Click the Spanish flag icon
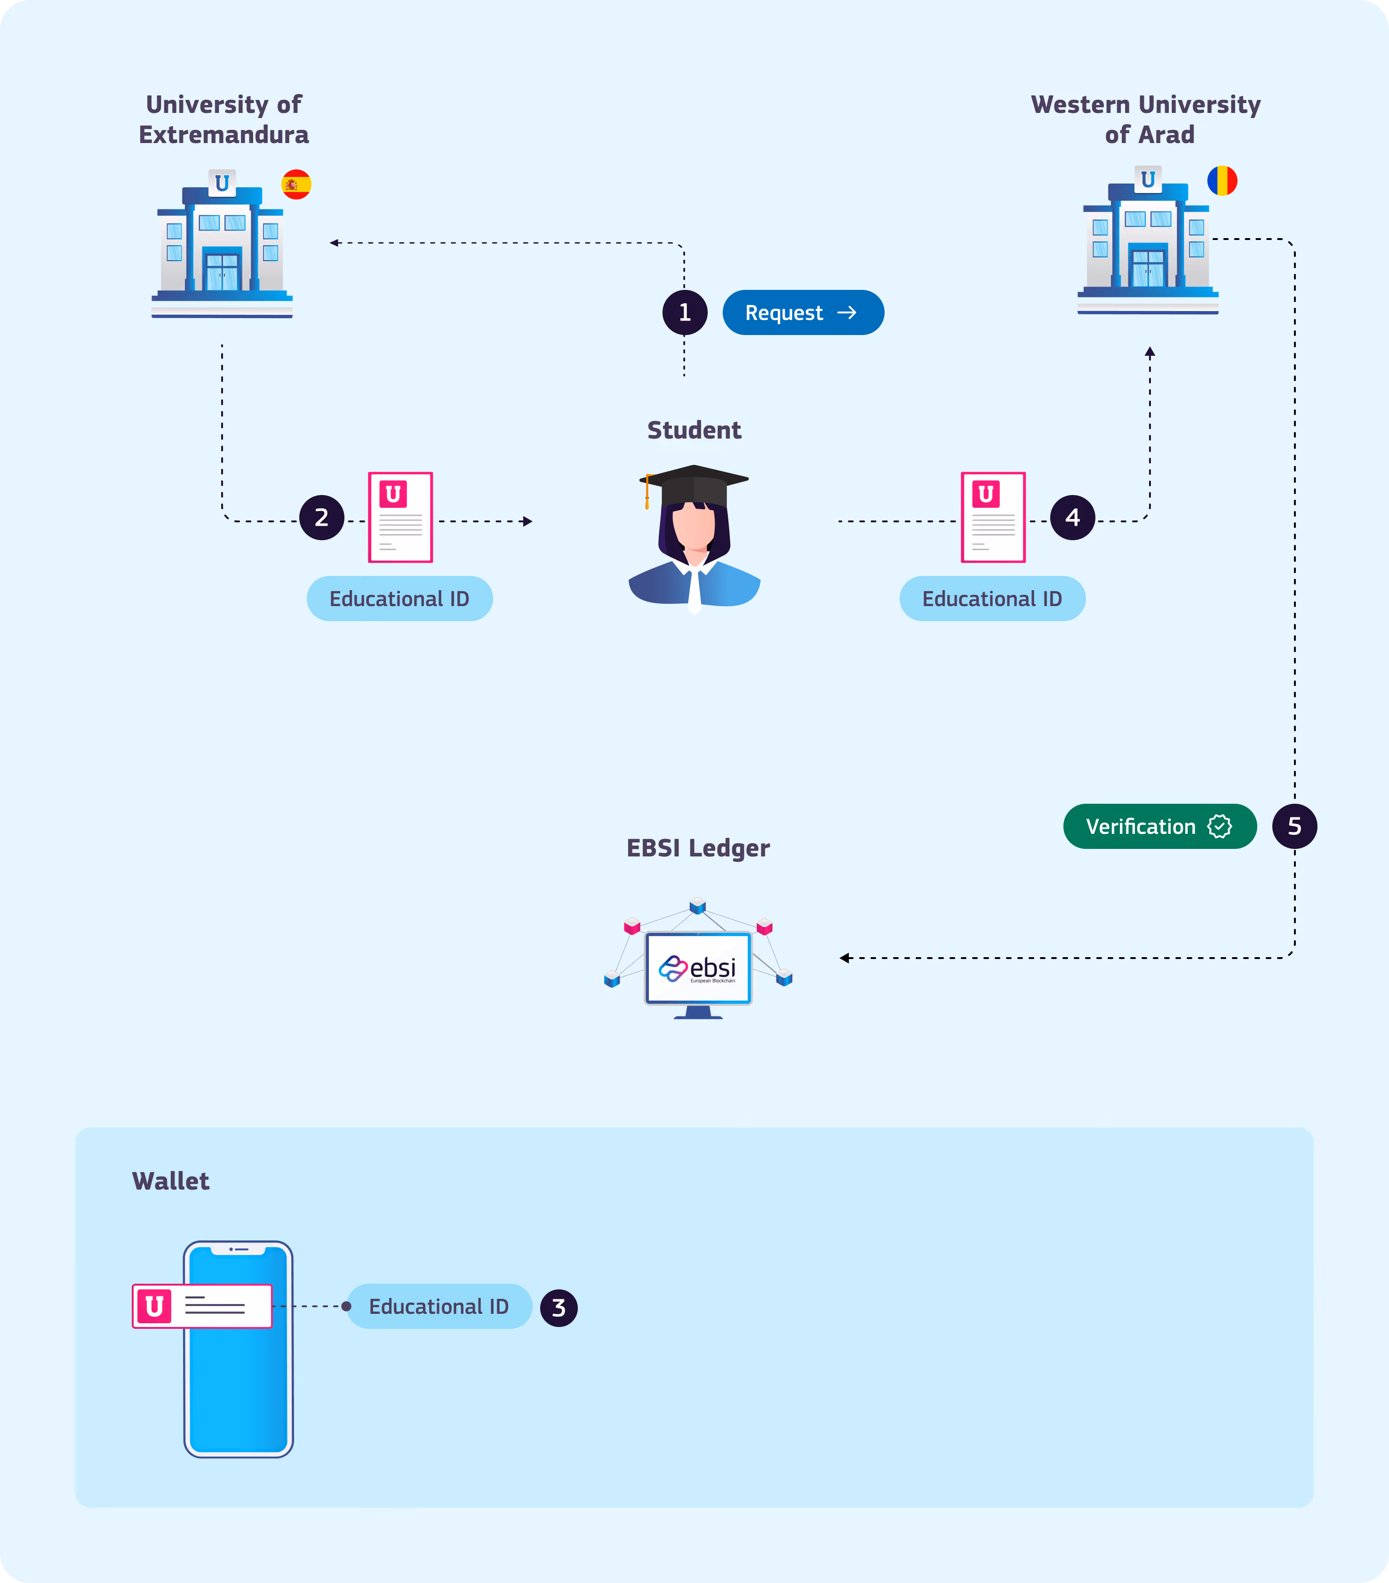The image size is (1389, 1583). [x=296, y=184]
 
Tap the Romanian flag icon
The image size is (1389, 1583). [x=1222, y=180]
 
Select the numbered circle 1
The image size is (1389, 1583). [x=685, y=312]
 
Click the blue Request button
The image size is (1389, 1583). [x=803, y=312]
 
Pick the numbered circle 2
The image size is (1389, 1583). [x=321, y=517]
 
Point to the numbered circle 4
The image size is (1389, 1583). [x=1072, y=517]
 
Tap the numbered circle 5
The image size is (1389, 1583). [x=1294, y=826]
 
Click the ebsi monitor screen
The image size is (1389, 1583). [x=698, y=968]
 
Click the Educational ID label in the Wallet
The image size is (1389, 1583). [x=439, y=1306]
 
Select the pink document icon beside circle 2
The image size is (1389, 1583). [x=400, y=517]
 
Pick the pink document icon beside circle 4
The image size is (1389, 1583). [x=993, y=517]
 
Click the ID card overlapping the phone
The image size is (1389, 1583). [x=202, y=1306]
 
